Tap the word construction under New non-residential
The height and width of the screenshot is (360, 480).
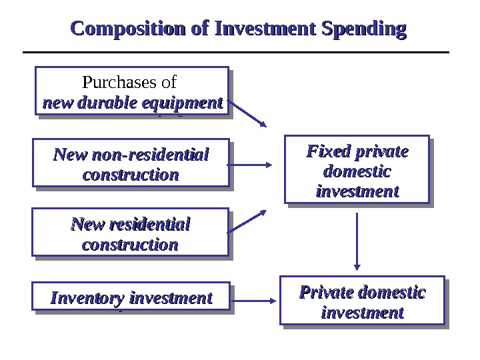131,175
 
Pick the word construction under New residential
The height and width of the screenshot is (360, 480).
131,244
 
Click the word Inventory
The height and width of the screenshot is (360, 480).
87,297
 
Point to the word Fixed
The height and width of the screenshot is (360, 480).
325,152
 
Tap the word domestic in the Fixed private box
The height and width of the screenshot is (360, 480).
357,171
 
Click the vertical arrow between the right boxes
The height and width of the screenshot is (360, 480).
358,241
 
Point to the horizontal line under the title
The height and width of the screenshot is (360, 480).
236,52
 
